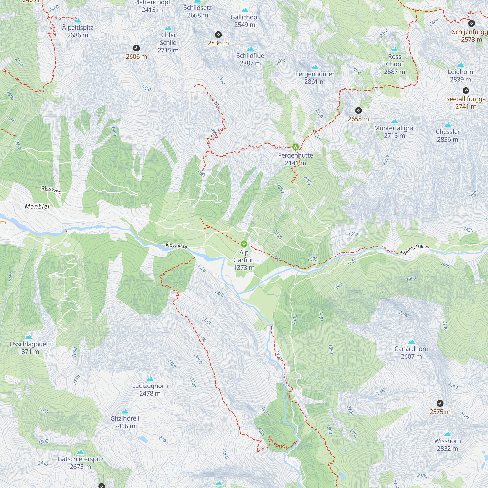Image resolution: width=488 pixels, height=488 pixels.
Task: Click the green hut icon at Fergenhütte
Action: tap(295, 147)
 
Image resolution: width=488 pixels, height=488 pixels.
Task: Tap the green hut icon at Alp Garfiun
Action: tap(244, 244)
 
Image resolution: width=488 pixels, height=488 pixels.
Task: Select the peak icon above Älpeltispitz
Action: tap(78, 20)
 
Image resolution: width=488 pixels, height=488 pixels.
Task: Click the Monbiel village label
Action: tap(37, 206)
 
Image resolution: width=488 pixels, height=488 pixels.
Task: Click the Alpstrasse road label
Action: tap(176, 245)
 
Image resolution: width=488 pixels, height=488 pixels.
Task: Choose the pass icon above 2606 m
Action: tap(136, 48)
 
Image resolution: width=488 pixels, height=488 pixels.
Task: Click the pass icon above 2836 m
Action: tap(218, 35)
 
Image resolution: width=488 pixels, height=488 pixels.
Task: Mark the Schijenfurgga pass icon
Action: tap(472, 23)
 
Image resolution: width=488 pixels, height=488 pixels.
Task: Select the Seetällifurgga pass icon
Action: tap(466, 91)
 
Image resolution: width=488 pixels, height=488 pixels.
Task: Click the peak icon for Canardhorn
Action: tap(411, 342)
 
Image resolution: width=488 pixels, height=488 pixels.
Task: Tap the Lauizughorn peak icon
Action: tap(150, 379)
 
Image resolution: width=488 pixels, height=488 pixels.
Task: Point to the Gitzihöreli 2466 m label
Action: tap(125, 422)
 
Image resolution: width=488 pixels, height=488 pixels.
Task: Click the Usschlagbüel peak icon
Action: tap(29, 337)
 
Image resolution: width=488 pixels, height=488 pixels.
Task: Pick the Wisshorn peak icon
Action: tap(447, 434)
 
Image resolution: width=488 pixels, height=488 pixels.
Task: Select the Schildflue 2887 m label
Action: tap(250, 59)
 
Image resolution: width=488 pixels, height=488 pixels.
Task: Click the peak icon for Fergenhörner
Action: tap(315, 67)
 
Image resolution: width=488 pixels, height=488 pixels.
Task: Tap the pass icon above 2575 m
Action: tap(440, 403)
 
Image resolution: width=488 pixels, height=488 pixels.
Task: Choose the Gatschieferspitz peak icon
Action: tap(80, 452)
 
